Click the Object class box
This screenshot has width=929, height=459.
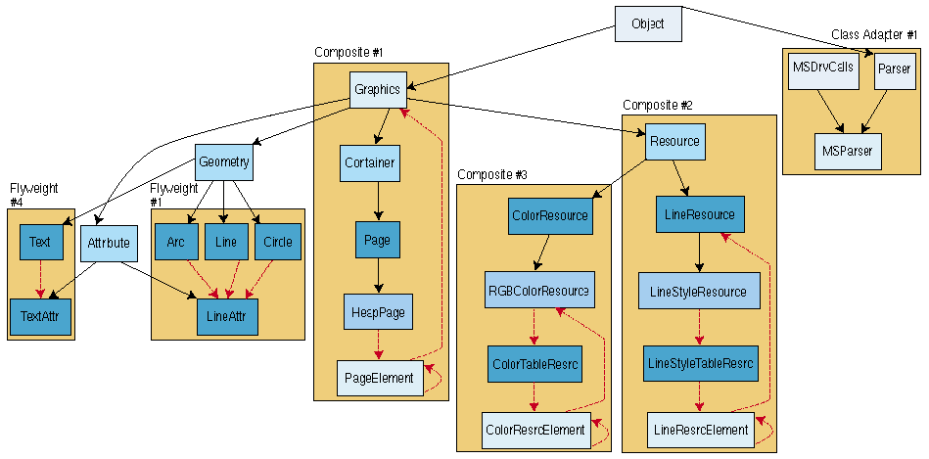(x=647, y=23)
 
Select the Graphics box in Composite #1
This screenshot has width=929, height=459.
(x=378, y=89)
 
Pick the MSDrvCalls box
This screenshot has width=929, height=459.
(x=821, y=69)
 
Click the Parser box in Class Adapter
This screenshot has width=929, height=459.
(x=894, y=69)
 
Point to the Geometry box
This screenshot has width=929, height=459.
(x=223, y=161)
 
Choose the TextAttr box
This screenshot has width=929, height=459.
(x=40, y=317)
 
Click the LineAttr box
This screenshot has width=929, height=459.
(x=226, y=317)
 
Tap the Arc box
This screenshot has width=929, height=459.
(x=176, y=242)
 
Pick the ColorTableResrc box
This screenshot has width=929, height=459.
(x=534, y=363)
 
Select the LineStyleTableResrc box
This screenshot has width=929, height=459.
(x=700, y=363)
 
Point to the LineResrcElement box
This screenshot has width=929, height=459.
(x=700, y=430)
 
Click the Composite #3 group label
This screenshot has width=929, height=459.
(x=492, y=174)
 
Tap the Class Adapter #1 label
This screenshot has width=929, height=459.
(x=874, y=35)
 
